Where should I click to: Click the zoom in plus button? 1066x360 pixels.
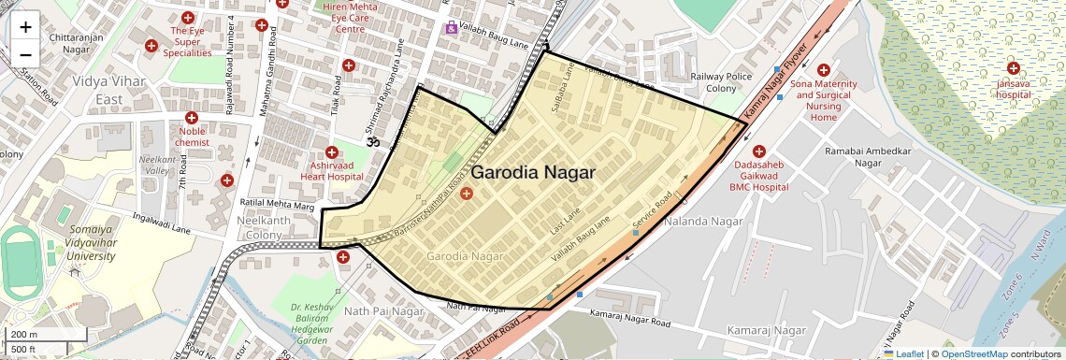pos(25,27)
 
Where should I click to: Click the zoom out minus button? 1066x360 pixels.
pos(25,54)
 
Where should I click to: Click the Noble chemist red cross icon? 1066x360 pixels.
pos(192,118)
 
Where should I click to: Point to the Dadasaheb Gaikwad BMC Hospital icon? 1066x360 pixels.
pos(758,151)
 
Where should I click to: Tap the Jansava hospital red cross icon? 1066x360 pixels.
pos(1013,68)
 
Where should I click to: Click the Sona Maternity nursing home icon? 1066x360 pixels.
pos(823,70)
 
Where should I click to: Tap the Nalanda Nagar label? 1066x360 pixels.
pos(703,222)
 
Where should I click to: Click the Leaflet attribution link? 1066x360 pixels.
pos(903,353)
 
